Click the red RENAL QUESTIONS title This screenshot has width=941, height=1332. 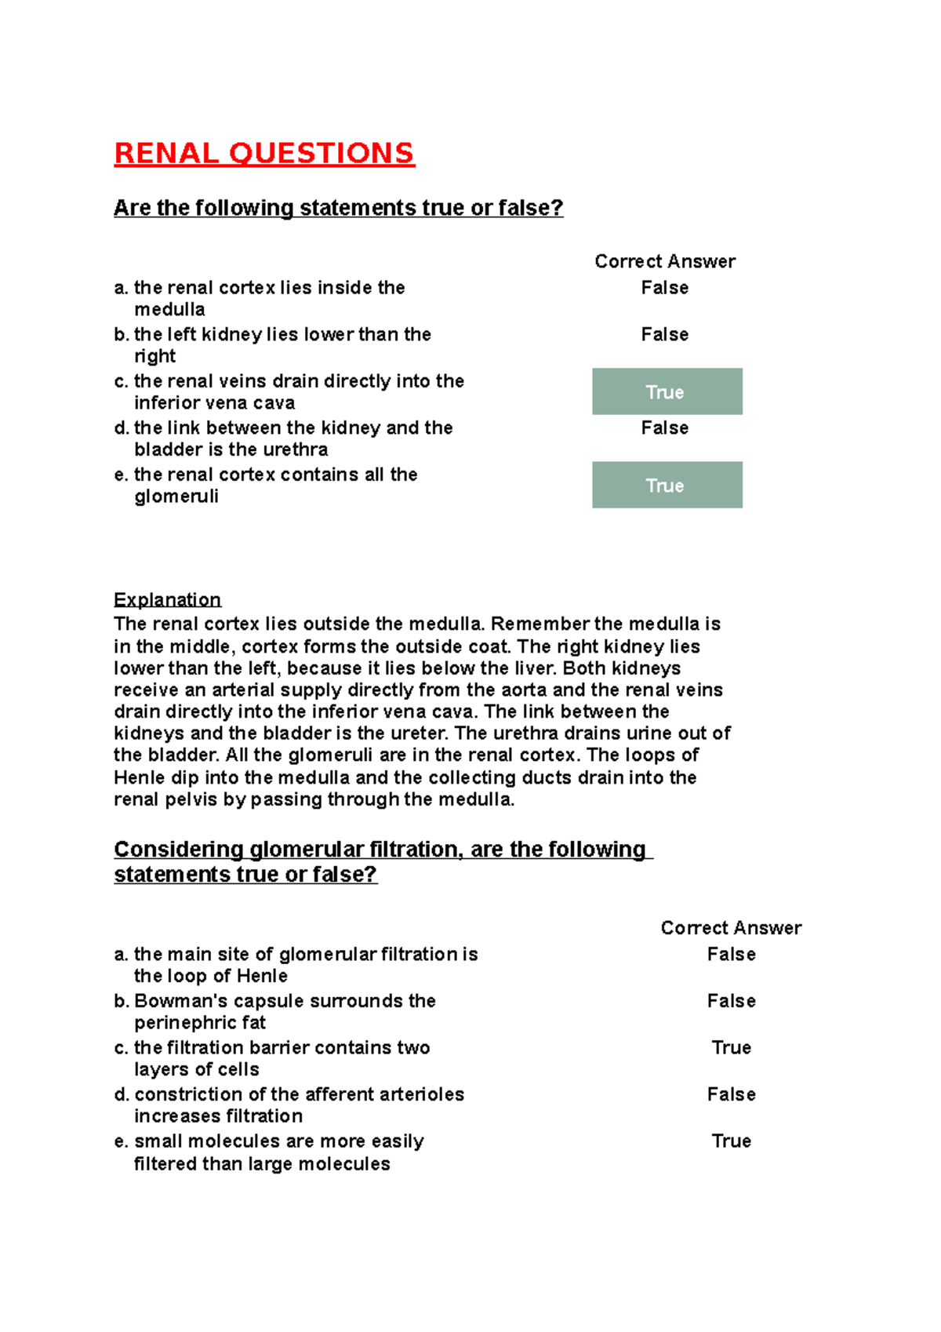tap(263, 153)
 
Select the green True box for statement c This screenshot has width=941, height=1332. tap(667, 391)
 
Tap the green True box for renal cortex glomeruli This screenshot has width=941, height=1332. tap(667, 485)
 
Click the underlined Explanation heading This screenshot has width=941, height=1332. tap(167, 600)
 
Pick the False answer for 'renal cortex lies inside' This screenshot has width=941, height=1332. tap(664, 288)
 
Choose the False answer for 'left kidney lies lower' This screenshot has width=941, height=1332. tap(664, 334)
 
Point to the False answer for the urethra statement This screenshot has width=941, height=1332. tap(664, 428)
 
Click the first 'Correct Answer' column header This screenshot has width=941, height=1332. tap(664, 261)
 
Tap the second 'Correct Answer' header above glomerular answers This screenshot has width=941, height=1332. tap(731, 928)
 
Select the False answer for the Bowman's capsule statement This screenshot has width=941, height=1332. tap(731, 1001)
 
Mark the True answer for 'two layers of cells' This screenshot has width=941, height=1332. tap(731, 1047)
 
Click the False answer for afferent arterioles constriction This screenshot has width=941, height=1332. tap(731, 1094)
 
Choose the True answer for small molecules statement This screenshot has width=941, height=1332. tap(731, 1141)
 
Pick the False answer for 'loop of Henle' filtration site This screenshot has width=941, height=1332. tap(731, 954)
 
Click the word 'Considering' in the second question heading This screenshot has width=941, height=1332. tap(178, 850)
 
